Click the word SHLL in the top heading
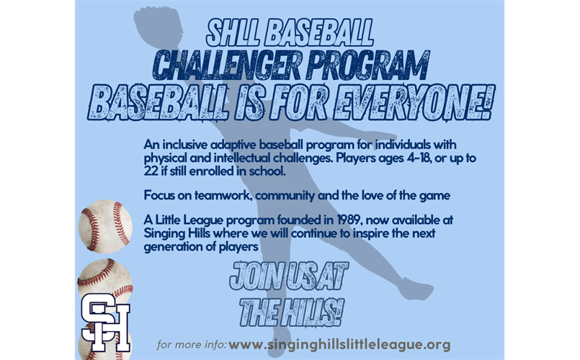[232, 31]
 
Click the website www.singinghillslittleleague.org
[339, 344]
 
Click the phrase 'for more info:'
[192, 345]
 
